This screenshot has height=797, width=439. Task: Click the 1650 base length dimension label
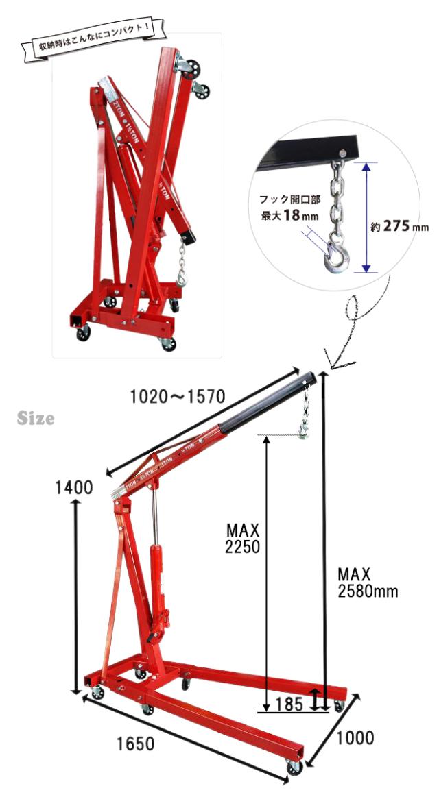[135, 744]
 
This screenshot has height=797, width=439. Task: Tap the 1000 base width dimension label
[354, 737]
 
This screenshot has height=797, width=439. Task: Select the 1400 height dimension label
[74, 487]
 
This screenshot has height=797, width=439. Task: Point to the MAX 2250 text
[243, 538]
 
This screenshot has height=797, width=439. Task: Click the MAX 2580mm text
[368, 583]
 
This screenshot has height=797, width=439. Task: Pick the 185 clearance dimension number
[289, 704]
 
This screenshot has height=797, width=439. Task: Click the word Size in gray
[36, 418]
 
